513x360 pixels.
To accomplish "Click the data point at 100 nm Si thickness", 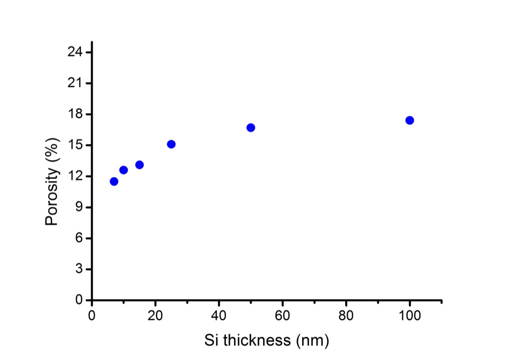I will click(409, 120).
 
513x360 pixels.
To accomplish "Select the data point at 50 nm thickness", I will click(250, 127).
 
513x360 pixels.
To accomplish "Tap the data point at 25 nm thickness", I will click(171, 144).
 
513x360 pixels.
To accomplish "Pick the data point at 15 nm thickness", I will click(139, 164).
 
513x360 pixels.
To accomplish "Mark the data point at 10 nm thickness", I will click(123, 170).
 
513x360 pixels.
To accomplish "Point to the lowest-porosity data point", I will click(114, 181).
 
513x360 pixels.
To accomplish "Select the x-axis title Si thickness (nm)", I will click(267, 340).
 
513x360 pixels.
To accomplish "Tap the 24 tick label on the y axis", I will click(75, 52).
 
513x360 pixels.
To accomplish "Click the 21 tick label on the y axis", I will click(75, 83).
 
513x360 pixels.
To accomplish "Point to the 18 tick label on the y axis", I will click(75, 114).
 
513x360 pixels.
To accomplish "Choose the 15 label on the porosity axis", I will click(75, 145).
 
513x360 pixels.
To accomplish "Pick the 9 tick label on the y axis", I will click(79, 207).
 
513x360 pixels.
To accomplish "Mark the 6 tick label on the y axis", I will click(79, 238).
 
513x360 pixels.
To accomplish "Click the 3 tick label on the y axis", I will click(79, 269).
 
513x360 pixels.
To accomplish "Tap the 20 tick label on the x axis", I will click(155, 316).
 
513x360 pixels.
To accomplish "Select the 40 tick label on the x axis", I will click(219, 316).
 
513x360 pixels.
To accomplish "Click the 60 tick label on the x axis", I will click(283, 316).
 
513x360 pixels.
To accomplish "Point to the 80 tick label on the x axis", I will click(346, 316).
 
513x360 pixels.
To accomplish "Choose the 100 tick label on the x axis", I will click(409, 316).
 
